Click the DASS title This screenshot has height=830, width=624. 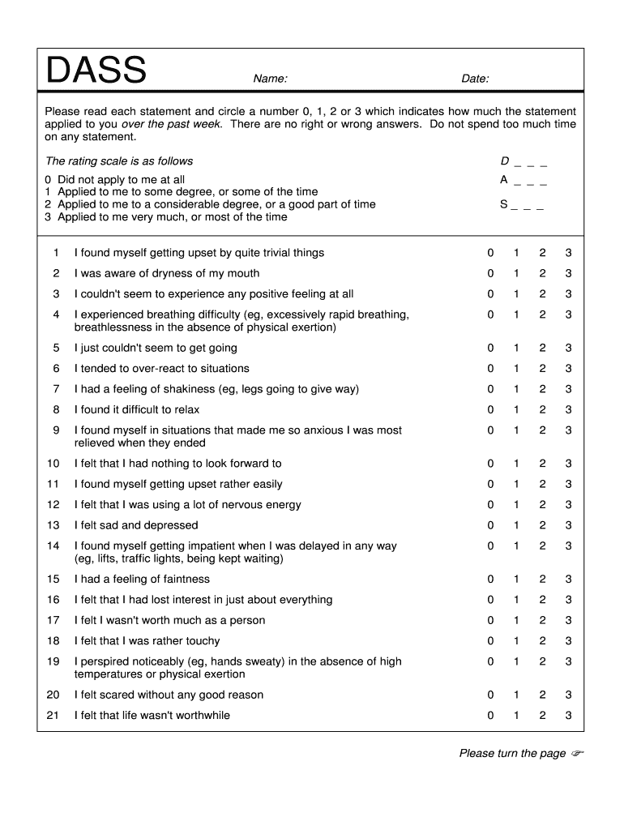(x=96, y=71)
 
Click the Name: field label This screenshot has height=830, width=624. (x=271, y=79)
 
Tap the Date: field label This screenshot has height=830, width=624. (x=475, y=79)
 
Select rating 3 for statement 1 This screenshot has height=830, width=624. (x=568, y=253)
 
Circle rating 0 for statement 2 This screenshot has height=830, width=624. (x=490, y=273)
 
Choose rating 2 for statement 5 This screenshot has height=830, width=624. (x=542, y=348)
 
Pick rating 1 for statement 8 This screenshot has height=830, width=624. (x=516, y=409)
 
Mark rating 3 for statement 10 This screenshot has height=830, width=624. (x=568, y=464)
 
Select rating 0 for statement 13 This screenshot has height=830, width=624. (x=490, y=525)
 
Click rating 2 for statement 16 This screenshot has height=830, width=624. (x=542, y=600)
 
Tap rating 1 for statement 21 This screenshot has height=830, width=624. (x=516, y=716)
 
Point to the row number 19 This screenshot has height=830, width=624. (x=53, y=661)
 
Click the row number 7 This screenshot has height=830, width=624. (x=57, y=389)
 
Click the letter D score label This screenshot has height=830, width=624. (x=505, y=161)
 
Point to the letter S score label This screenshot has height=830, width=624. (x=504, y=205)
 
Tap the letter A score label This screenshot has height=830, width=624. (x=504, y=180)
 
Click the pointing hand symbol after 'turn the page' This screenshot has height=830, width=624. (x=577, y=754)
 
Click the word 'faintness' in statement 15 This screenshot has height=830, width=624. (x=186, y=580)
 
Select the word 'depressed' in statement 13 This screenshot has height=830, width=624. (x=172, y=525)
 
